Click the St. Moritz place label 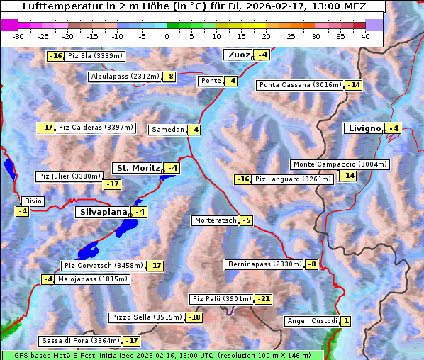(138, 168)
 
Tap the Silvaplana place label (103, 212)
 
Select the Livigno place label (364, 128)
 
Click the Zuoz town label (238, 55)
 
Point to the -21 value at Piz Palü (263, 299)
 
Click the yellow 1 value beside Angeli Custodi (345, 321)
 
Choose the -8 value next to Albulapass (169, 77)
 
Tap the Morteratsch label (216, 220)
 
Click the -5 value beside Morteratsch (246, 220)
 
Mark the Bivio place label (33, 201)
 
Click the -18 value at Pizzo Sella (194, 317)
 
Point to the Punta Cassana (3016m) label (299, 85)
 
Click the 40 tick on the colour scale (365, 35)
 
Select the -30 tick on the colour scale (19, 35)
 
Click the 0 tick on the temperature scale (167, 35)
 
